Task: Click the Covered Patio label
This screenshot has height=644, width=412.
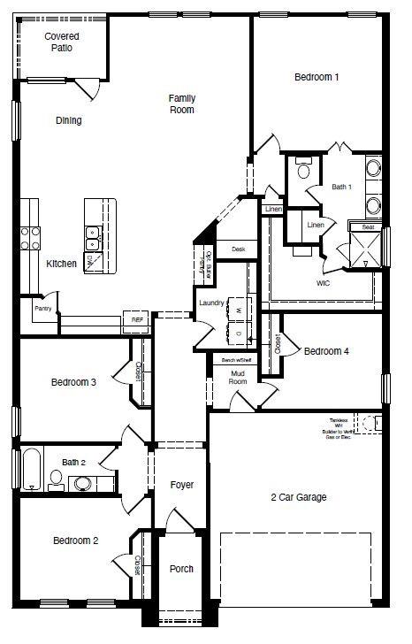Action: click(62, 42)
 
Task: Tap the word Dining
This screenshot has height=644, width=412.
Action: click(69, 120)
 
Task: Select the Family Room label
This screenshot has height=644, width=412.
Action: click(181, 103)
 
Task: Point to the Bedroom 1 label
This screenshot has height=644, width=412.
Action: click(317, 78)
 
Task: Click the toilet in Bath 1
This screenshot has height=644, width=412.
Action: click(303, 168)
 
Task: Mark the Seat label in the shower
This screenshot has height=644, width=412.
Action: click(367, 227)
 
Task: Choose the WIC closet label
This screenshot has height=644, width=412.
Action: click(324, 284)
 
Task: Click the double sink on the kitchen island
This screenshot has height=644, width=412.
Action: click(93, 236)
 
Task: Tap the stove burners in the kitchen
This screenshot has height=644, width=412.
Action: click(30, 236)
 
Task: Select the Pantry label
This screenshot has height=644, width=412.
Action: click(42, 310)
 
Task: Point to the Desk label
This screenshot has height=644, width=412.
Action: click(238, 249)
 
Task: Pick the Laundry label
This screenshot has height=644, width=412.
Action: click(211, 303)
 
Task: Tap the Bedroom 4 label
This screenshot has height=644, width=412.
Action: click(326, 351)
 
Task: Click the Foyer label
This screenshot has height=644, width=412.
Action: click(181, 485)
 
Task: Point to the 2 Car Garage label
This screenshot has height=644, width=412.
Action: click(298, 497)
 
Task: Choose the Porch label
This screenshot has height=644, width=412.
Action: click(181, 569)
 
